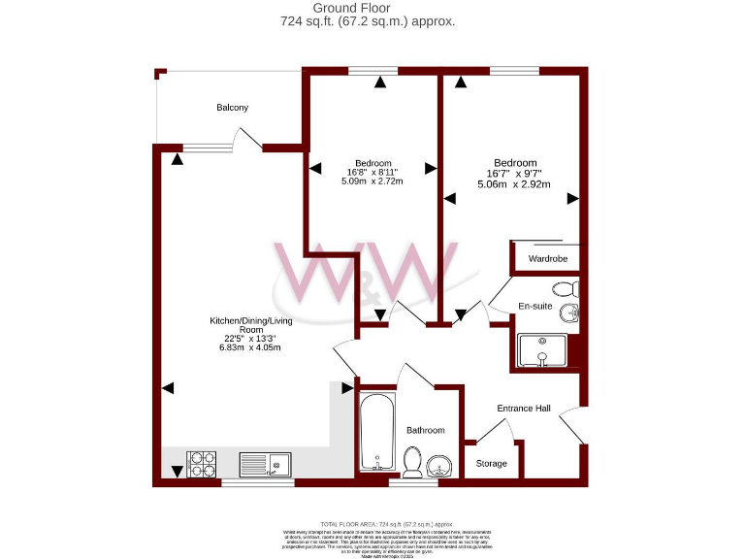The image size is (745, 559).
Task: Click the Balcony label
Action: click(x=233, y=108)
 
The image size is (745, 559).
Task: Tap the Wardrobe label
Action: click(x=547, y=259)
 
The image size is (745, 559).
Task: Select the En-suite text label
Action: click(x=534, y=306)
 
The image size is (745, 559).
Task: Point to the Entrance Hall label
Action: click(x=524, y=409)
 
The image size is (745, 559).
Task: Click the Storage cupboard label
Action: click(x=492, y=464)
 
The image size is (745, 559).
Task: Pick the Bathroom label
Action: click(x=425, y=430)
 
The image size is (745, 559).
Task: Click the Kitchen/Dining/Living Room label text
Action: click(x=251, y=325)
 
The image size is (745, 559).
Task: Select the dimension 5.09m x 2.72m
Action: click(x=372, y=181)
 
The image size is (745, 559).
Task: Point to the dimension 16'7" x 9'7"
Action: click(x=514, y=174)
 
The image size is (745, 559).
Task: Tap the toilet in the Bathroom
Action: click(x=411, y=462)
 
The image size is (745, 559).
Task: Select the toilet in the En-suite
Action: click(x=566, y=288)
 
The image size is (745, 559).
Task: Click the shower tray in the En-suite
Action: click(x=542, y=350)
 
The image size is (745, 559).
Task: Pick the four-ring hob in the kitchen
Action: click(x=202, y=464)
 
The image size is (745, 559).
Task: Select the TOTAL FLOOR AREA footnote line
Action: click(x=372, y=523)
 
